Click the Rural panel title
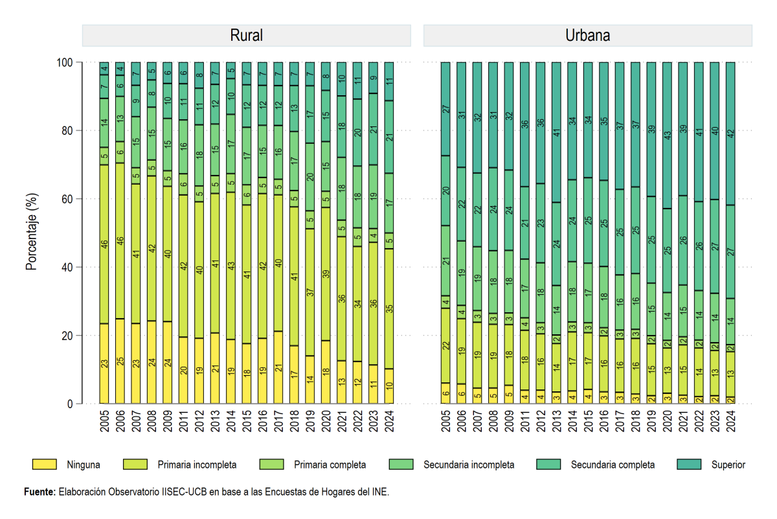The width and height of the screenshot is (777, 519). pyautogui.click(x=246, y=36)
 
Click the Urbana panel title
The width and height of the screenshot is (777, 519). pyautogui.click(x=588, y=36)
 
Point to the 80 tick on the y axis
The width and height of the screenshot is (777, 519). pyautogui.click(x=67, y=131)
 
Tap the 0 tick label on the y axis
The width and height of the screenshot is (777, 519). pyautogui.click(x=70, y=404)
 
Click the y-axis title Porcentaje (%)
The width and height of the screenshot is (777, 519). pyautogui.click(x=32, y=231)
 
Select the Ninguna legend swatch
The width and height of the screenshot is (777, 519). pyautogui.click(x=45, y=465)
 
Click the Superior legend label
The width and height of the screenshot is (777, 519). pyautogui.click(x=728, y=465)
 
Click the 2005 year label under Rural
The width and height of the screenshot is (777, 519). pyautogui.click(x=104, y=421)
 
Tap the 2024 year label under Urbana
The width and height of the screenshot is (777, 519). pyautogui.click(x=731, y=421)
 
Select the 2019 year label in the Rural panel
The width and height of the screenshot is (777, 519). pyautogui.click(x=310, y=421)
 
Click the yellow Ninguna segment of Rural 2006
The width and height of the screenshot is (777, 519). pyautogui.click(x=120, y=361)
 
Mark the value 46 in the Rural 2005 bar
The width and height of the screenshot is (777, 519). pyautogui.click(x=104, y=244)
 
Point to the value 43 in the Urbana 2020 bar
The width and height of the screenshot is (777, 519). pyautogui.click(x=668, y=135)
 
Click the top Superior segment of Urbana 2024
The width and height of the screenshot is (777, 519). pyautogui.click(x=730, y=133)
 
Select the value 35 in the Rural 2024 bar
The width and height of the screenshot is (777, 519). pyautogui.click(x=389, y=308)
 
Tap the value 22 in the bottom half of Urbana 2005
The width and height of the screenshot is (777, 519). pyautogui.click(x=445, y=346)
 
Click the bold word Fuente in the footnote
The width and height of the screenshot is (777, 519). pyautogui.click(x=40, y=492)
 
